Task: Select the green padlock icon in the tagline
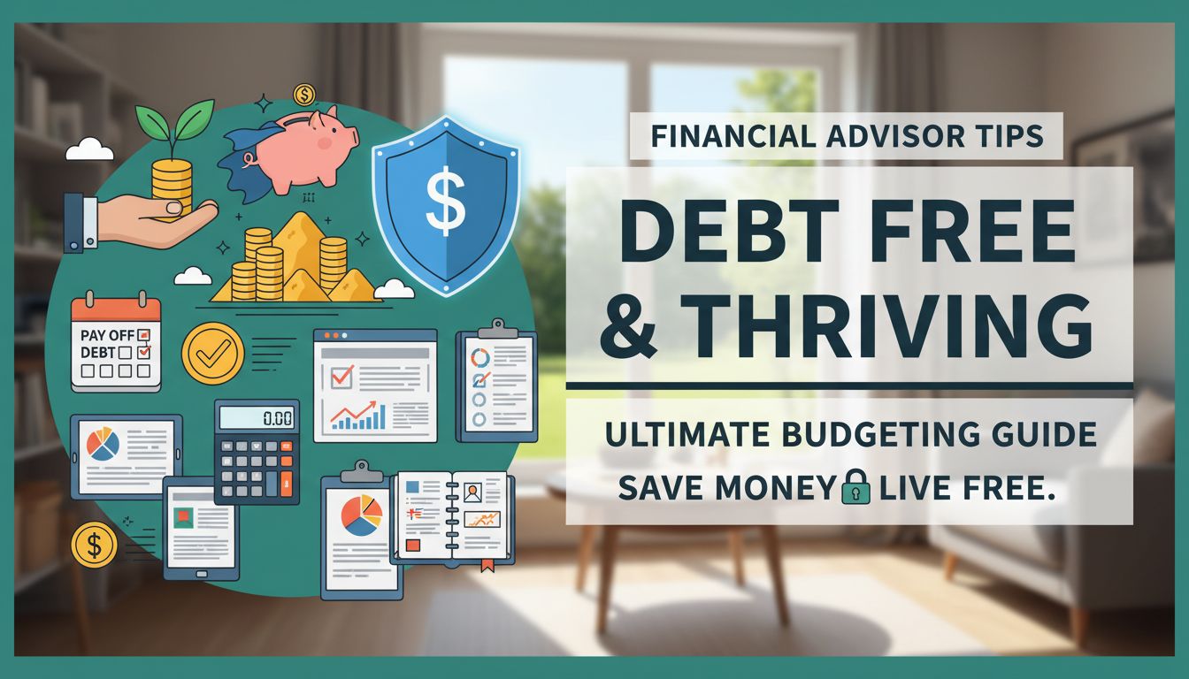tap(855, 487)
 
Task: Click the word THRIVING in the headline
tap(886, 327)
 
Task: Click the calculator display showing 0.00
tap(257, 417)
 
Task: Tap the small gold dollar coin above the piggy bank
tap(303, 95)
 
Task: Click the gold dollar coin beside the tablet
tap(94, 545)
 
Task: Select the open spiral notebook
tap(452, 516)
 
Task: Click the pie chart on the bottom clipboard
tap(362, 515)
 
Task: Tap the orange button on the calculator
tap(286, 483)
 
